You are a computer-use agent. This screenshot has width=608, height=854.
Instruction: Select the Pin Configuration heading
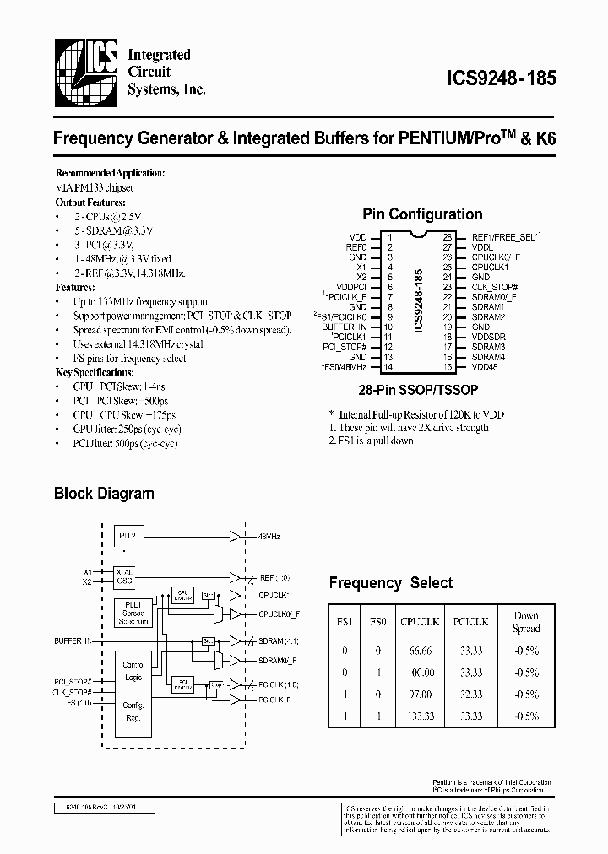(422, 214)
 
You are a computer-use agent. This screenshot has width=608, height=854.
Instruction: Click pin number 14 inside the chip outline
(389, 368)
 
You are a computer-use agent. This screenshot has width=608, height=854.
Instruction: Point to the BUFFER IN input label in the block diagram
(73, 641)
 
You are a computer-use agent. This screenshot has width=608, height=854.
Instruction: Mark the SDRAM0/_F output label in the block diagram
(278, 658)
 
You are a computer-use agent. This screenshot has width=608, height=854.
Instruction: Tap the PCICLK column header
(470, 621)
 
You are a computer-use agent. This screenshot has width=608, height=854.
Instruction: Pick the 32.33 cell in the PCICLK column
(470, 694)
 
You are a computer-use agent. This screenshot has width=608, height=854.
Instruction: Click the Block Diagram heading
(104, 494)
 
